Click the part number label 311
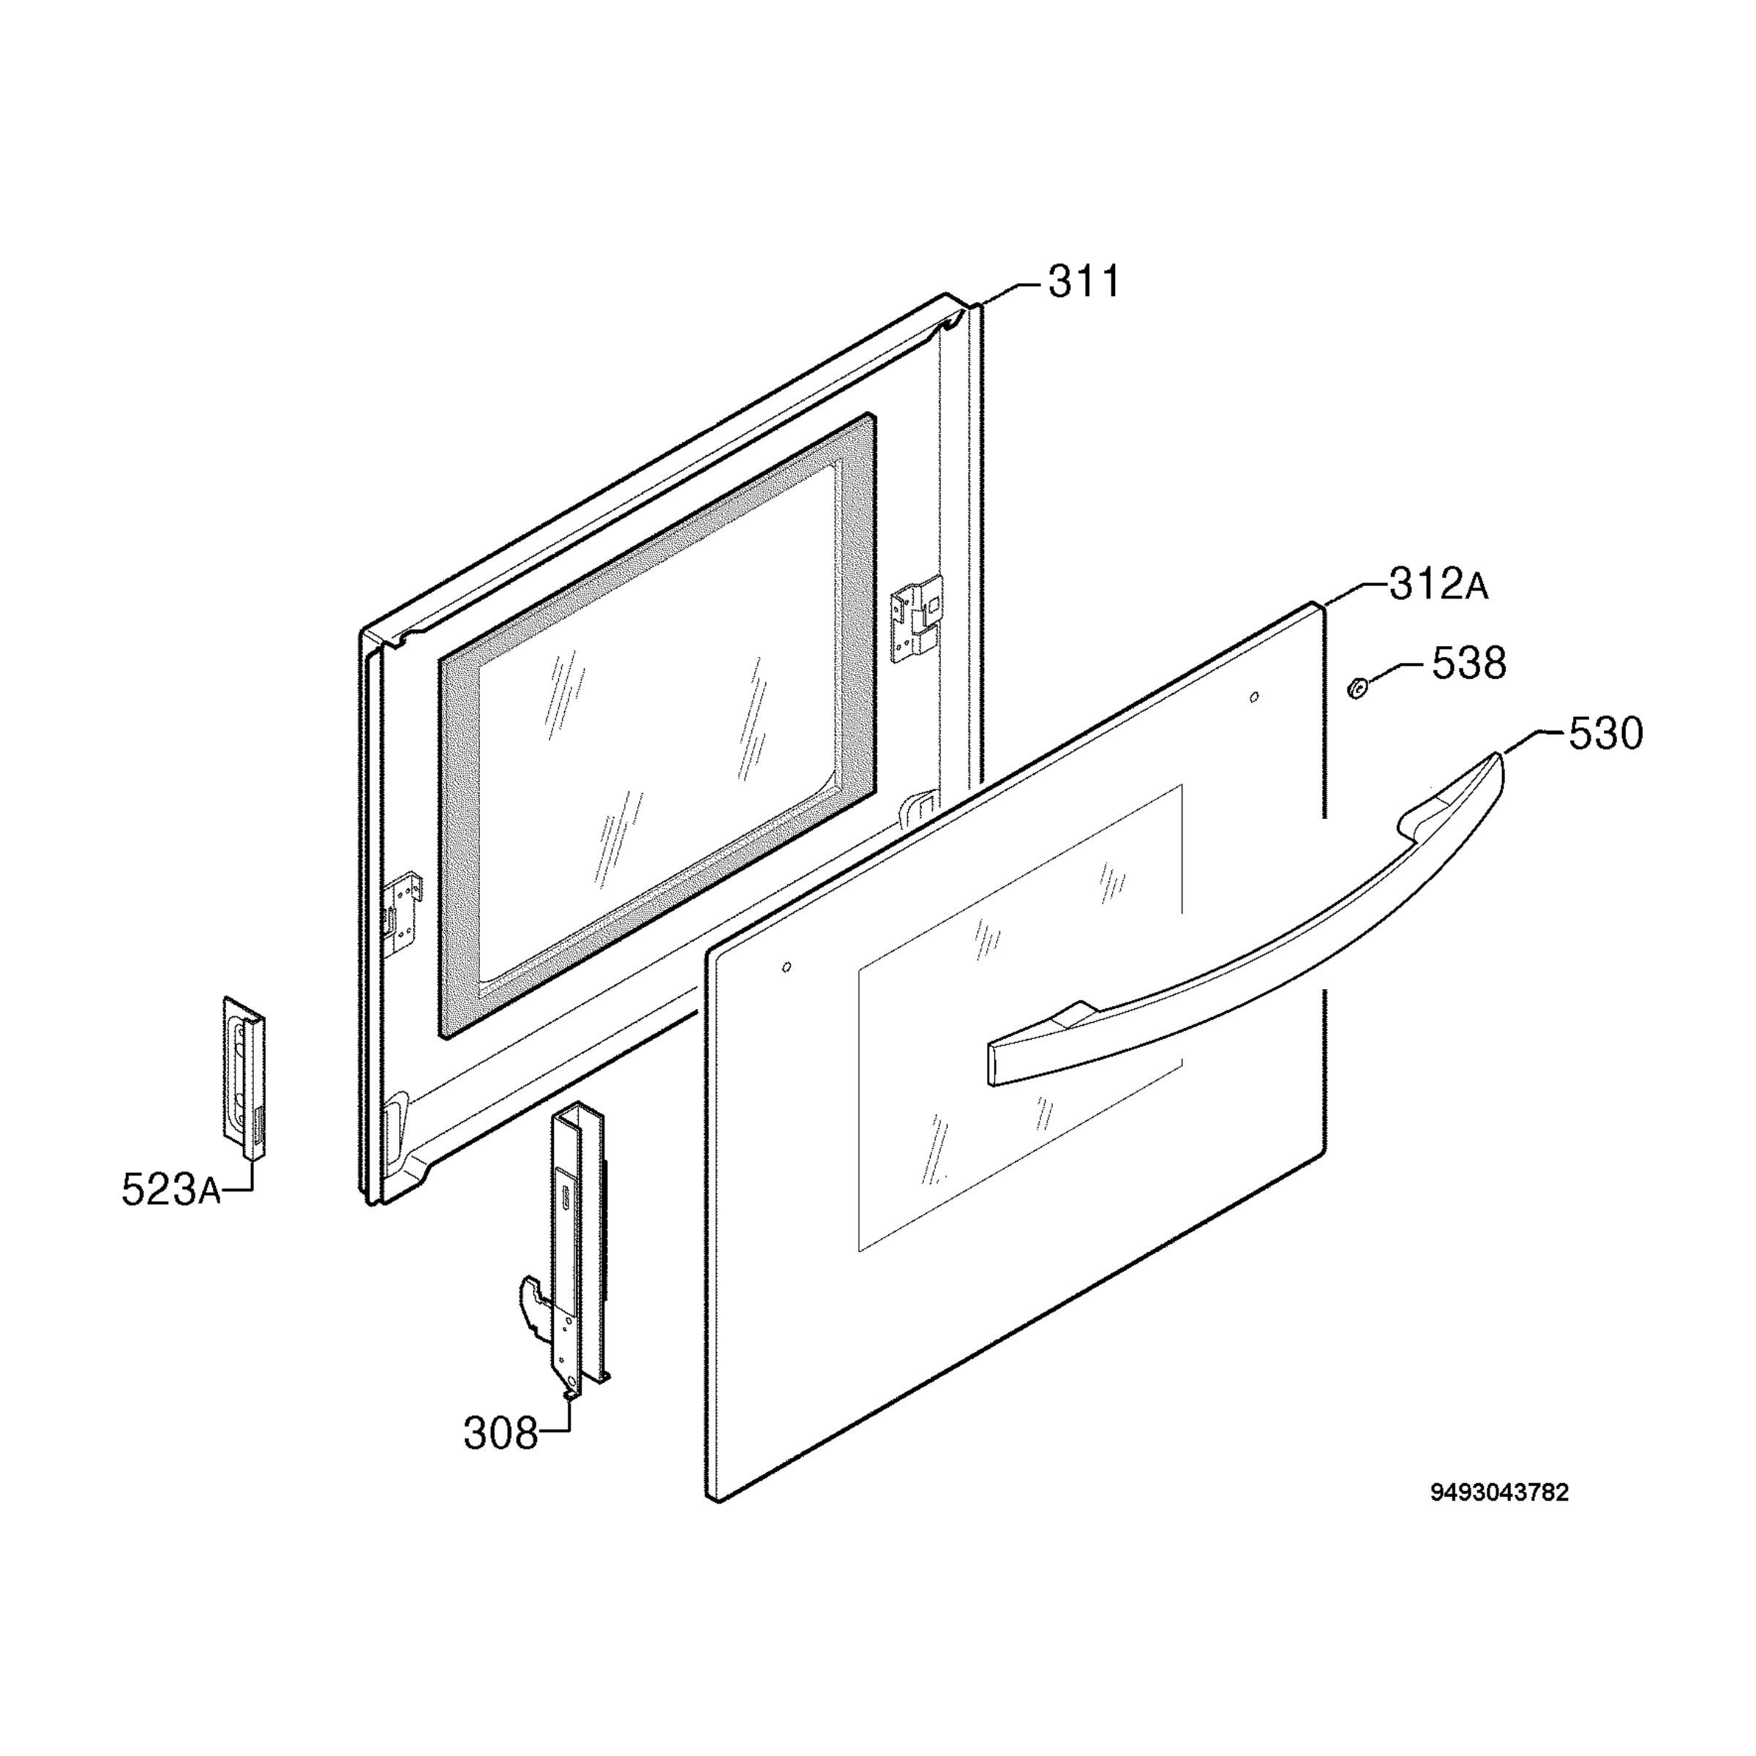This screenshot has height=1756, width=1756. (1084, 282)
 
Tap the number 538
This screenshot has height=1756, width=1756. (1468, 664)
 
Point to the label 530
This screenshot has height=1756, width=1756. (1606, 733)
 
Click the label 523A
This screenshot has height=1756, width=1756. (171, 1190)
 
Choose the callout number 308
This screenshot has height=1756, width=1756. (500, 1434)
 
